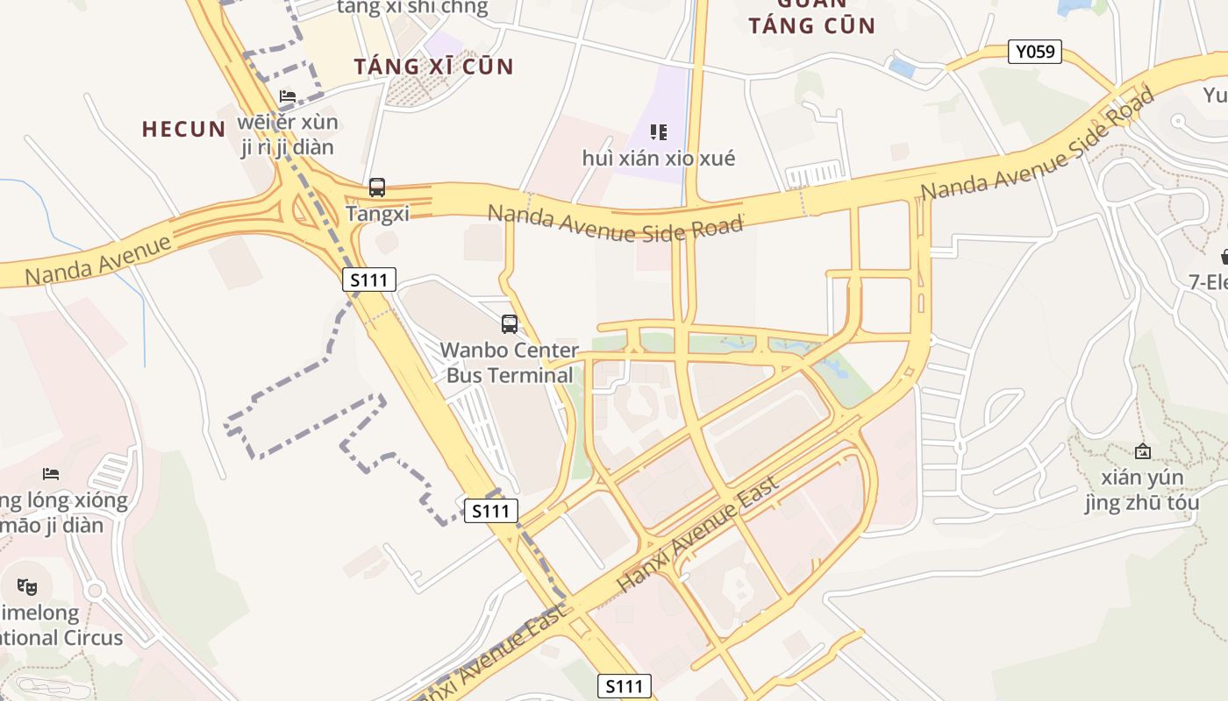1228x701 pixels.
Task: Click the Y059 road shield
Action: pyautogui.click(x=1034, y=52)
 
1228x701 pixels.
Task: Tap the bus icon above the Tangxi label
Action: pyautogui.click(x=377, y=187)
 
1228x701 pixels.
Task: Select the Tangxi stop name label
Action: pyautogui.click(x=377, y=213)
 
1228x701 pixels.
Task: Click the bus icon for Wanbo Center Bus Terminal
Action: pyautogui.click(x=510, y=323)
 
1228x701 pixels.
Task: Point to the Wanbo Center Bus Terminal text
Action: pyautogui.click(x=510, y=363)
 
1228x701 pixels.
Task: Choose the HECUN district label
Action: pyautogui.click(x=184, y=129)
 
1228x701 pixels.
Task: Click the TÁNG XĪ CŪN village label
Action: pyautogui.click(x=433, y=67)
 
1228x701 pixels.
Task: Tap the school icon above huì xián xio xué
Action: pyautogui.click(x=659, y=132)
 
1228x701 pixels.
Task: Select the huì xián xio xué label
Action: pyautogui.click(x=659, y=159)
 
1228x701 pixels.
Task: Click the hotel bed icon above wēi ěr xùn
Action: pyautogui.click(x=288, y=96)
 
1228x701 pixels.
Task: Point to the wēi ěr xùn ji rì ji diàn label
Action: pyautogui.click(x=289, y=134)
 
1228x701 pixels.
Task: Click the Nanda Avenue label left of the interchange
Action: pyautogui.click(x=98, y=258)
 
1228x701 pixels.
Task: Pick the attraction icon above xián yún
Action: pyautogui.click(x=1142, y=451)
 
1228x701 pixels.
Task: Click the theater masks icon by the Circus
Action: pyautogui.click(x=27, y=586)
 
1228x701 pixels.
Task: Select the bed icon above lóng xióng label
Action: pyautogui.click(x=51, y=474)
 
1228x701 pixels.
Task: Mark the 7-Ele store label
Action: pyautogui.click(x=1209, y=282)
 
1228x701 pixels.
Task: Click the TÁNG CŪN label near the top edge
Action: pyautogui.click(x=812, y=25)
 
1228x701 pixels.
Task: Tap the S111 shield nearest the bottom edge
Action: pyautogui.click(x=625, y=686)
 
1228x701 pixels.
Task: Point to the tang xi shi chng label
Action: pyautogui.click(x=412, y=8)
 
